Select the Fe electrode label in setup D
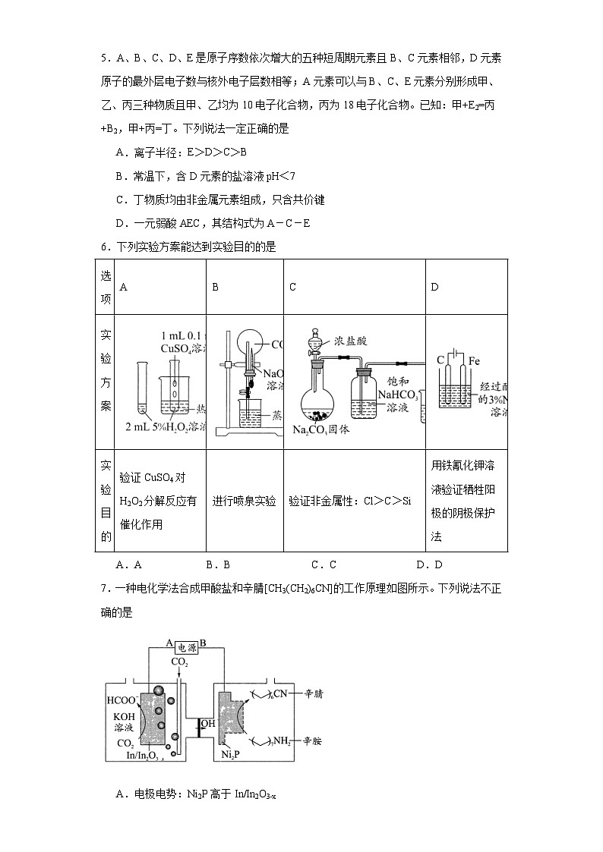pos(474,360)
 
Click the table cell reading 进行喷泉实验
pos(244,501)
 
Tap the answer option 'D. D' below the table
pos(429,564)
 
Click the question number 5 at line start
pos(104,57)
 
